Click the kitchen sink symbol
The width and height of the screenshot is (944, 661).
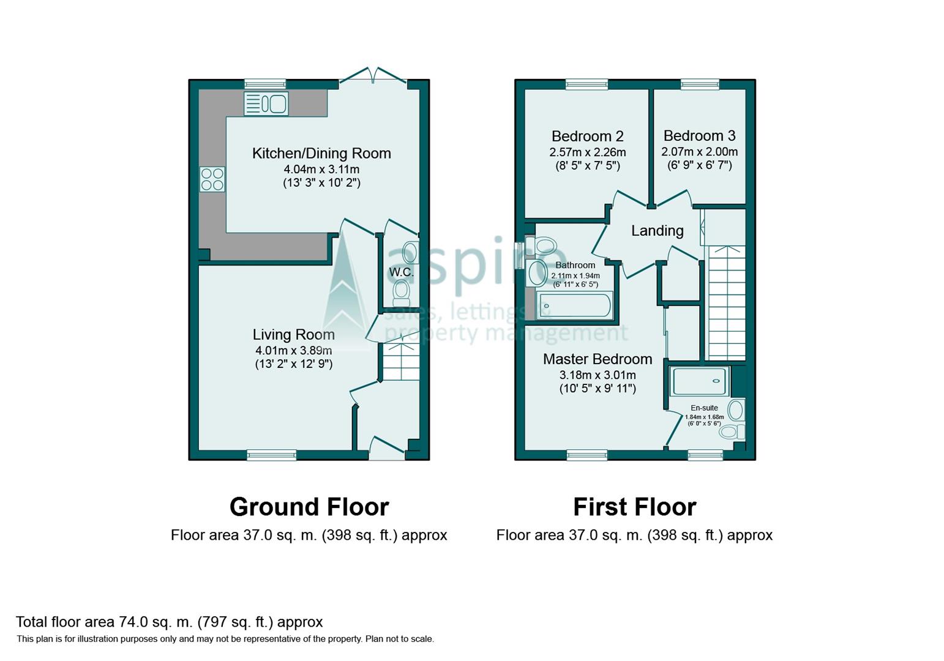[266, 104]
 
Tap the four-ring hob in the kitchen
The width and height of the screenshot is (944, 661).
[212, 179]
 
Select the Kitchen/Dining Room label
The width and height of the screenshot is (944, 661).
[321, 154]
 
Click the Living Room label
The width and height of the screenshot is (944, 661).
[293, 335]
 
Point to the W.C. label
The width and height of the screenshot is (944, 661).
[401, 272]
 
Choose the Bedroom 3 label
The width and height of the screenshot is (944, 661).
[699, 136]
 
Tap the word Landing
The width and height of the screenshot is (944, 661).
[657, 231]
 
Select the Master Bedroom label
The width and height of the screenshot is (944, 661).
[597, 359]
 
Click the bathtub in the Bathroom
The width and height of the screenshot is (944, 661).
[574, 305]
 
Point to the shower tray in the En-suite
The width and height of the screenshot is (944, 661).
[699, 381]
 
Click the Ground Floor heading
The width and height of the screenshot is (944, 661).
[309, 507]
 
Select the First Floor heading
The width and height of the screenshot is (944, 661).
[634, 507]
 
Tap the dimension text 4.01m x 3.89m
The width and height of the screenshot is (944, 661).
[293, 351]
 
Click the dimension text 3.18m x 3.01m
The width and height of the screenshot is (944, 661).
[597, 375]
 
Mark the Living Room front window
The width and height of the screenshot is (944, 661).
[271, 455]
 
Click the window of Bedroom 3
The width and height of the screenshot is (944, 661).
[700, 84]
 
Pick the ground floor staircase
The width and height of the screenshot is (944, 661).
[401, 362]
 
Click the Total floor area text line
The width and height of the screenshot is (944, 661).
[169, 622]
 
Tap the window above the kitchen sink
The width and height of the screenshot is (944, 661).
[265, 84]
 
